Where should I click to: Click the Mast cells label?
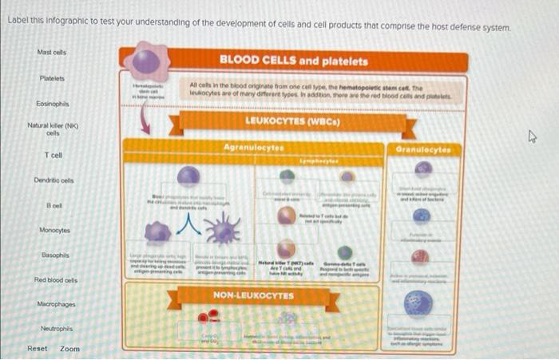coord(52,53)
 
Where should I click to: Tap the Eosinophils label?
coord(52,104)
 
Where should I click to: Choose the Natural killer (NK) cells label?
coord(51,129)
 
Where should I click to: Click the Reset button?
coord(37,349)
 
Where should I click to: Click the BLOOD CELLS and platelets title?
coord(293,61)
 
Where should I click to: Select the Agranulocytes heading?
coord(253,148)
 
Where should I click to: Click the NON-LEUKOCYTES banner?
coord(253,295)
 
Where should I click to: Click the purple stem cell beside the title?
coord(145,62)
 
